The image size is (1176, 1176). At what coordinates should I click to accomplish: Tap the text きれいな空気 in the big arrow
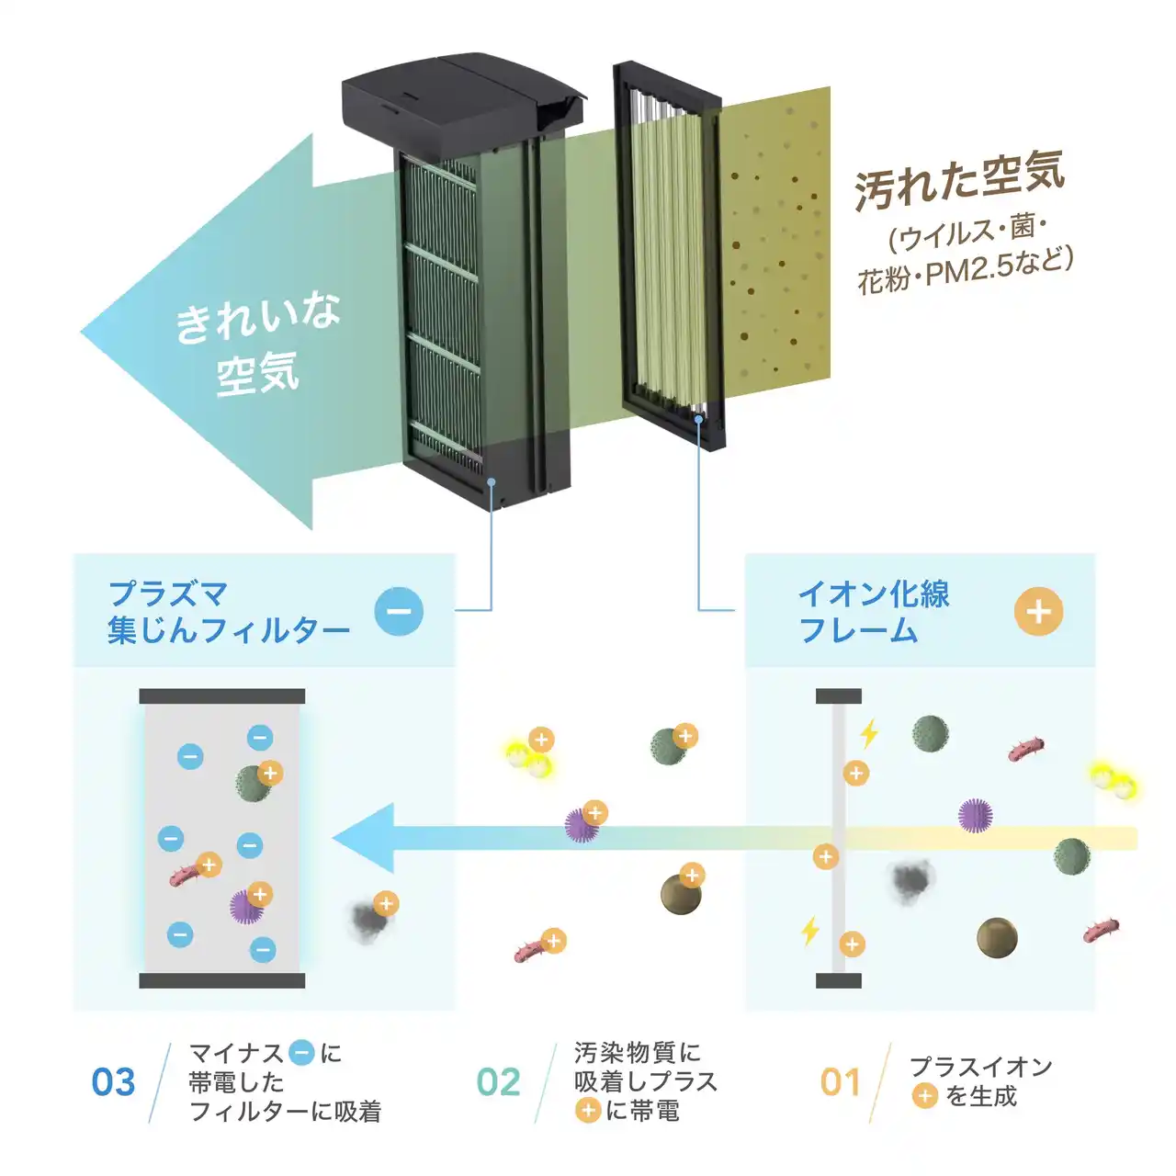pyautogui.click(x=257, y=345)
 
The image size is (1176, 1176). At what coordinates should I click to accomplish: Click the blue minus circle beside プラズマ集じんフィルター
pyautogui.click(x=399, y=612)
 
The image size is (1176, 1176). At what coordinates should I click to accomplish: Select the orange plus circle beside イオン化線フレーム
pyautogui.click(x=1039, y=612)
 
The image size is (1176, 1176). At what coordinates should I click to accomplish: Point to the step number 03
pyautogui.click(x=114, y=1082)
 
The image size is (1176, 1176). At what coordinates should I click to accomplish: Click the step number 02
pyautogui.click(x=498, y=1082)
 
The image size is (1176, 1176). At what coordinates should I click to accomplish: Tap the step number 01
pyautogui.click(x=841, y=1082)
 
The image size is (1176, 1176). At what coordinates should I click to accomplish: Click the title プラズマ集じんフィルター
pyautogui.click(x=228, y=612)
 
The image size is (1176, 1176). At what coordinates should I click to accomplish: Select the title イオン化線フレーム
pyautogui.click(x=874, y=612)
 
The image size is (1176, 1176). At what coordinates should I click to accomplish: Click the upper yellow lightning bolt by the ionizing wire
pyautogui.click(x=869, y=733)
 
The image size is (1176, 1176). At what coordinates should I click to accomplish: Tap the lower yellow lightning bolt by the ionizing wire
pyautogui.click(x=809, y=931)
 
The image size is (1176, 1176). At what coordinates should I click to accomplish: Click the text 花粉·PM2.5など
pyautogui.click(x=965, y=272)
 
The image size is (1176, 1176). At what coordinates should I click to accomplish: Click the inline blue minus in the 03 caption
pyautogui.click(x=300, y=1052)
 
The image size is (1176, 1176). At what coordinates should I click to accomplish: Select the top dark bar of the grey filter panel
pyautogui.click(x=222, y=696)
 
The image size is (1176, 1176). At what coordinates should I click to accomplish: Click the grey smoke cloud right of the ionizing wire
pyautogui.click(x=911, y=880)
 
